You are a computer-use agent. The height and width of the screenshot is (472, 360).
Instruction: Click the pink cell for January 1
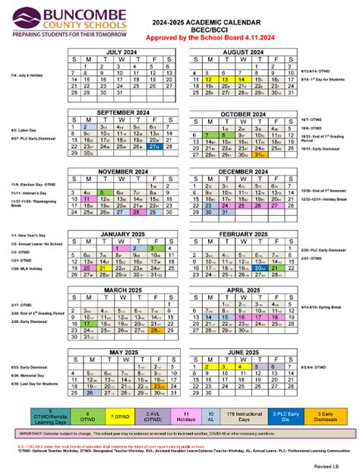[x=120, y=247]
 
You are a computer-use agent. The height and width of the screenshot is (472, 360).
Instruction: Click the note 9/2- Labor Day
[x=22, y=130]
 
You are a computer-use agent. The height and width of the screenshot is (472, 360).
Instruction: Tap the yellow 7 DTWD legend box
[x=119, y=416]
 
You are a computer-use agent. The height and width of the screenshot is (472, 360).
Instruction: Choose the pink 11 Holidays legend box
[x=185, y=416]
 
